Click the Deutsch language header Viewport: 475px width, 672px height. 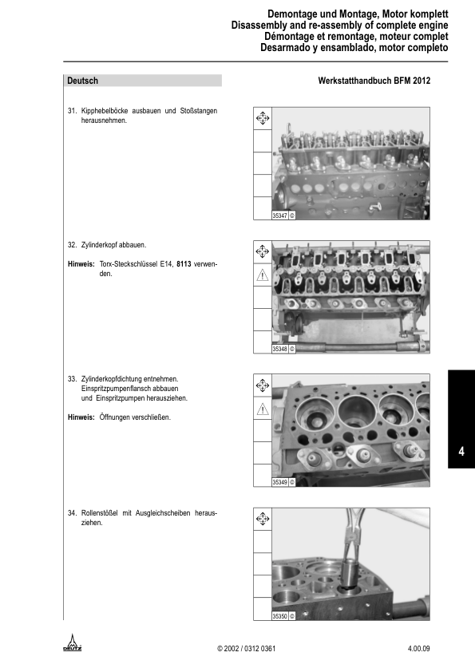coord(83,81)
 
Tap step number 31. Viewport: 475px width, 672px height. coord(72,110)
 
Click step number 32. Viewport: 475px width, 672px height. coord(72,244)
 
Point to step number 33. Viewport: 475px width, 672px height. coord(72,378)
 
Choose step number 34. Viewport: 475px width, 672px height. coord(72,513)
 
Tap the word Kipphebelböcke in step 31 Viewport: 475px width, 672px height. coord(108,110)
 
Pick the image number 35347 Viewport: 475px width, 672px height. coord(279,215)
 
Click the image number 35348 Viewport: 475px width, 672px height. coord(279,349)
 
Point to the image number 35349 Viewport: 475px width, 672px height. coord(279,482)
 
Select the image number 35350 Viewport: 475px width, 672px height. coord(279,616)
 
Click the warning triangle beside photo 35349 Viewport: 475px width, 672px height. coord(262,409)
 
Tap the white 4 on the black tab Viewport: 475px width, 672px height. coord(461,452)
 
